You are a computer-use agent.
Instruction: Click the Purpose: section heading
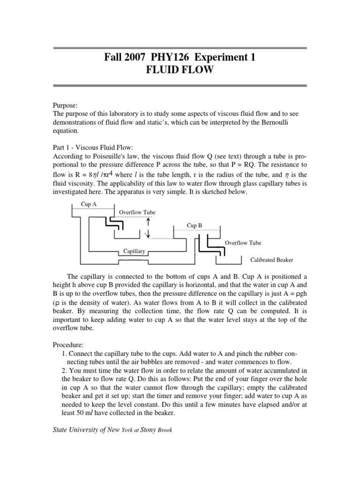point(65,106)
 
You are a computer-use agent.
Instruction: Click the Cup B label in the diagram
point(195,225)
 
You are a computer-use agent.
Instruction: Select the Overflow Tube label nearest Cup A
point(137,212)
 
